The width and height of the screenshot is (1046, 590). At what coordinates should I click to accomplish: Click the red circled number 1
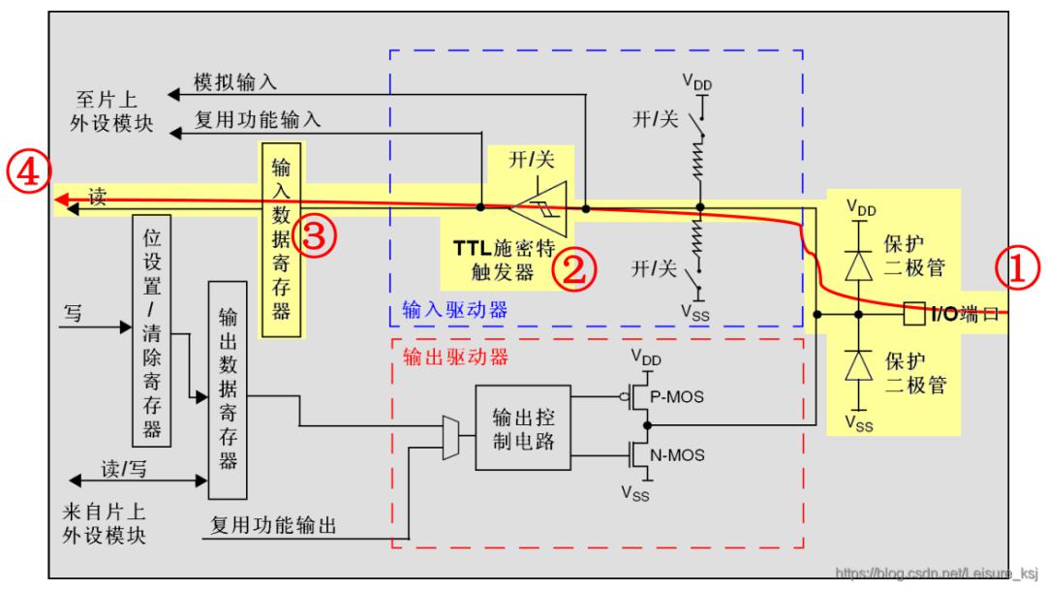pos(1017,268)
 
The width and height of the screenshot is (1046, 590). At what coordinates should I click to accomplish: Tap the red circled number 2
pos(574,269)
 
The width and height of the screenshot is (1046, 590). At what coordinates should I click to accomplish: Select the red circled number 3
pos(314,235)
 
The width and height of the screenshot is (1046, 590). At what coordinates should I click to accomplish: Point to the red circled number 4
pos(29,171)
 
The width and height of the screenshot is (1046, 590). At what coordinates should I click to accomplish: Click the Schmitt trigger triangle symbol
pos(539,208)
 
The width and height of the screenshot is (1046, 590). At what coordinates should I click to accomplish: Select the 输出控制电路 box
pos(523,428)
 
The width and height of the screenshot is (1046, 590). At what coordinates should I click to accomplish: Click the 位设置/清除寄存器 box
pos(151,331)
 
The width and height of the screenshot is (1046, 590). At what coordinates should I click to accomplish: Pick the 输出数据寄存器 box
pos(228,390)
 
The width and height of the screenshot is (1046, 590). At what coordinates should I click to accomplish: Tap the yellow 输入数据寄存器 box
pos(281,239)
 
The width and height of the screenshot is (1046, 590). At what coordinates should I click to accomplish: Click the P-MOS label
pos(676,397)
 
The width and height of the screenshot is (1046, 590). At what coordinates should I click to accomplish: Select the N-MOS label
pos(676,456)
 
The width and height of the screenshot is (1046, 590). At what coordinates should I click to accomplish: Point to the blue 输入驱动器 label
pos(454,310)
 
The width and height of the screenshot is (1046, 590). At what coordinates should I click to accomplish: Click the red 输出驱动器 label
pos(455,357)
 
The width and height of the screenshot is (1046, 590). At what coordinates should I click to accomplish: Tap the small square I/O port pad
pos(914,314)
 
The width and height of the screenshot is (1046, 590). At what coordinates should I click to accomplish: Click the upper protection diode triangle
pos(858,265)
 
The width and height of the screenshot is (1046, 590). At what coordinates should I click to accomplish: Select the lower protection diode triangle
pos(858,365)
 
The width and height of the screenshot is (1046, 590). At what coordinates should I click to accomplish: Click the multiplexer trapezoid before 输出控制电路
pos(451,438)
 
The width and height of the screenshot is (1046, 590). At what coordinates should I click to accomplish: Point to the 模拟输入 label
pos(234,82)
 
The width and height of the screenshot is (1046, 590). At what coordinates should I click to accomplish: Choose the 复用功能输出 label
pos(273,525)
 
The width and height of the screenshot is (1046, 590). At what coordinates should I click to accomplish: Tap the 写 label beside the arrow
pos(73,313)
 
